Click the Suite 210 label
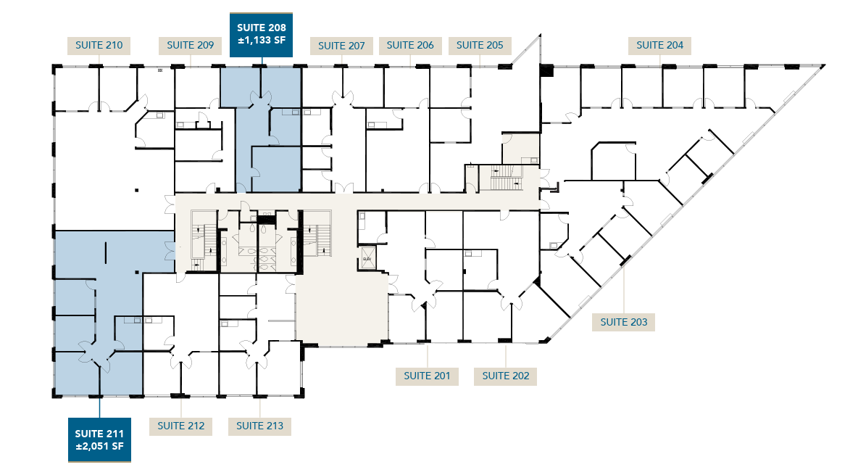click(x=99, y=46)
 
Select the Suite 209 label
click(x=190, y=46)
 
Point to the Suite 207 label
click(x=341, y=46)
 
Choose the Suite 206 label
click(x=410, y=45)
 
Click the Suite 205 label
click(x=480, y=45)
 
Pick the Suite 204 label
click(x=659, y=45)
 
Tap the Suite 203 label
click(x=623, y=322)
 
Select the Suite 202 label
click(x=505, y=376)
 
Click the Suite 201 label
click(x=427, y=376)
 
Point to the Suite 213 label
click(x=259, y=426)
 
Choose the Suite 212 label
click(x=180, y=426)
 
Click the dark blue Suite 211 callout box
click(x=99, y=440)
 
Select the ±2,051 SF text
click(x=99, y=446)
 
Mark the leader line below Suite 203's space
click(x=625, y=290)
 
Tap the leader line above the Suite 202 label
click(x=506, y=355)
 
